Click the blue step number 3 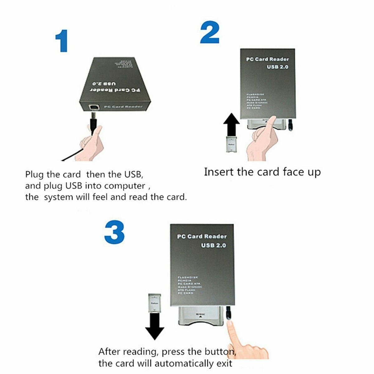pyautogui.click(x=114, y=233)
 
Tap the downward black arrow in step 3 pyautogui.click(x=155, y=326)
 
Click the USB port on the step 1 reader pyautogui.click(x=93, y=107)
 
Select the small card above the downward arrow pyautogui.click(x=155, y=302)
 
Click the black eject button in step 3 pyautogui.click(x=229, y=313)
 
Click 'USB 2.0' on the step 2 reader pyautogui.click(x=277, y=67)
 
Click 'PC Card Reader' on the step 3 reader pyautogui.click(x=202, y=237)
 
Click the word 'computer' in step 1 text pyautogui.click(x=125, y=186)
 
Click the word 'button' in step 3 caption pyautogui.click(x=219, y=352)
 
